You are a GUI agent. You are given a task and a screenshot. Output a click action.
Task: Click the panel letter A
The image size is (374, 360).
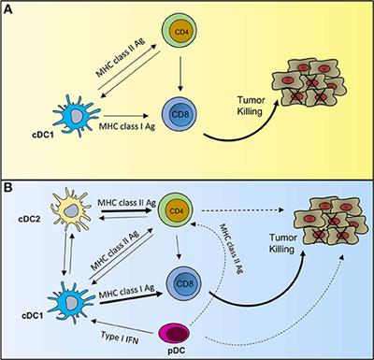pos(9,9)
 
